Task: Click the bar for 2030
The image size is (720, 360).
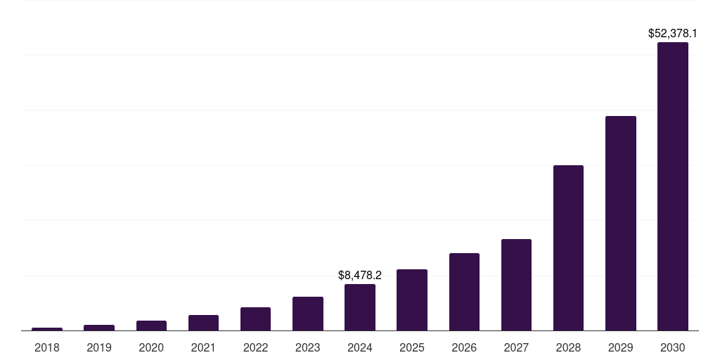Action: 672,186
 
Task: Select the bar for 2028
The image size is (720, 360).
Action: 568,247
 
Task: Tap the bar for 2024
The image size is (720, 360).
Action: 360,307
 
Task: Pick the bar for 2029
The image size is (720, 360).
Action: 620,223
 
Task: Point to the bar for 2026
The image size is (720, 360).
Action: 464,292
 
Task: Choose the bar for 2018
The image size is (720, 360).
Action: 47,328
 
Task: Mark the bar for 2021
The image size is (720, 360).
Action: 203,323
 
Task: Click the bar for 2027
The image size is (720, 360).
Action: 516,285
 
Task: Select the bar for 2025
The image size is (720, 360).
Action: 412,300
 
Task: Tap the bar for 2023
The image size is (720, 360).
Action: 308,314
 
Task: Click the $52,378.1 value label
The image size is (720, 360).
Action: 672,33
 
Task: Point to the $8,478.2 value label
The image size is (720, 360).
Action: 360,275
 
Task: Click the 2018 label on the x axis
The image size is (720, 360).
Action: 47,347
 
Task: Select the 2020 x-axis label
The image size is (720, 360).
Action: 151,347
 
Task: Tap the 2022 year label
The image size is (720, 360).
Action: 255,347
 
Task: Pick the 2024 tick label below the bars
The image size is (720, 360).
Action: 360,347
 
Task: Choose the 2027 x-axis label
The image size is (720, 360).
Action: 516,347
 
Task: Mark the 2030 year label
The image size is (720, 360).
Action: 672,347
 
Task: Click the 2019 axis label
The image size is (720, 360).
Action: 99,347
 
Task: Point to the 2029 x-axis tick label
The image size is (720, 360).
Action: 620,347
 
